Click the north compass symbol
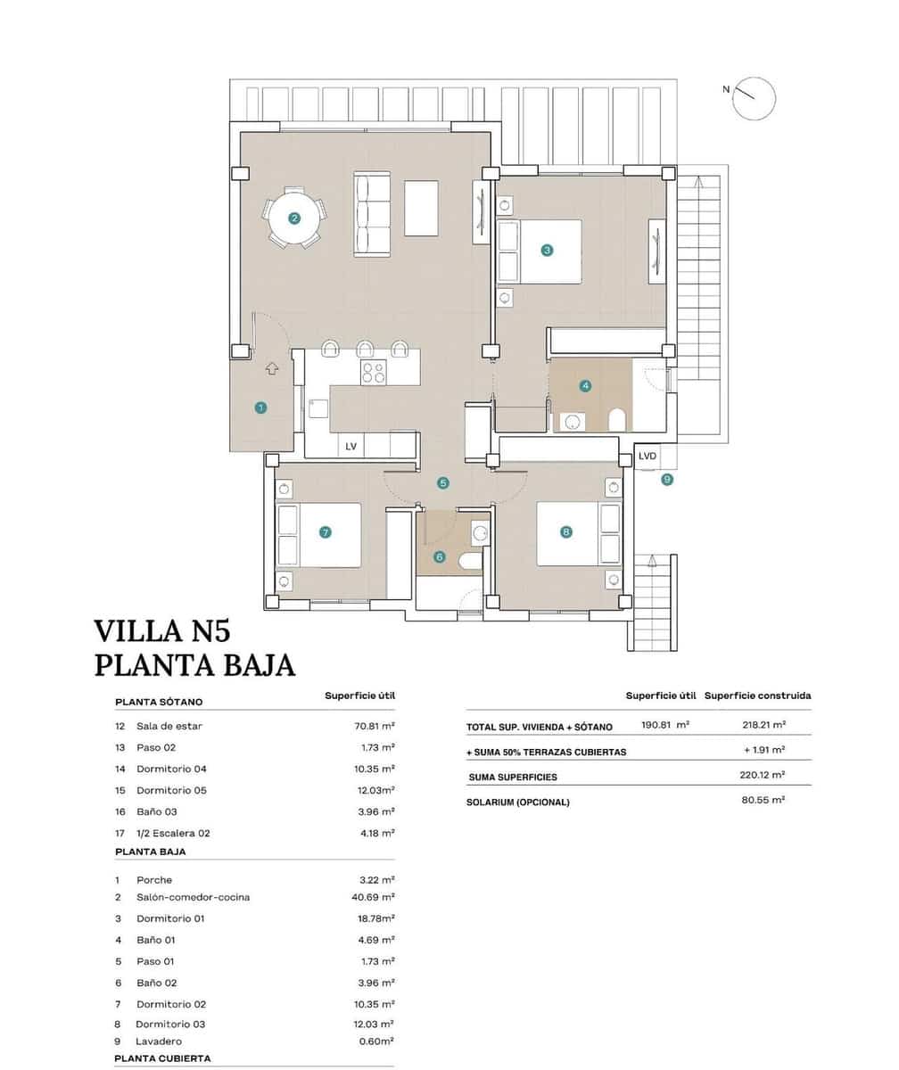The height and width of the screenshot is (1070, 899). pyautogui.click(x=754, y=97)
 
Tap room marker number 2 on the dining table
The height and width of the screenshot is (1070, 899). pyautogui.click(x=294, y=218)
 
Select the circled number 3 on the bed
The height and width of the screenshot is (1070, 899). pyautogui.click(x=547, y=251)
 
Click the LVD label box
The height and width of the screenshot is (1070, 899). pyautogui.click(x=647, y=457)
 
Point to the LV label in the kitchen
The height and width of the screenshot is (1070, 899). pyautogui.click(x=351, y=447)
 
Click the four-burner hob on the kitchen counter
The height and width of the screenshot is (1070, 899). pyautogui.click(x=374, y=372)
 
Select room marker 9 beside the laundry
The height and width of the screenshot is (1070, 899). pyautogui.click(x=667, y=479)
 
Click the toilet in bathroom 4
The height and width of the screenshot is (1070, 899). pyautogui.click(x=616, y=419)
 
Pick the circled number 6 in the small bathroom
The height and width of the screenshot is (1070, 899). pyautogui.click(x=439, y=557)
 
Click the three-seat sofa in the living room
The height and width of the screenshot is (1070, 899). pyautogui.click(x=372, y=215)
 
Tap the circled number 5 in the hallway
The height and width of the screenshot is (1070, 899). pyautogui.click(x=443, y=482)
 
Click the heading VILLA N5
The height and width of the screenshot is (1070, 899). pyautogui.click(x=162, y=631)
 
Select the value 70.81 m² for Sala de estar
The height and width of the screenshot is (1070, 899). pyautogui.click(x=375, y=726)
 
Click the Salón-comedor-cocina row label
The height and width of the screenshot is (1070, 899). pyautogui.click(x=193, y=897)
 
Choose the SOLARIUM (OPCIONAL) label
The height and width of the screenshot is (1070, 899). pyautogui.click(x=517, y=802)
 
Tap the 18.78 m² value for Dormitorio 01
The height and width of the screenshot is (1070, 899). pyautogui.click(x=375, y=918)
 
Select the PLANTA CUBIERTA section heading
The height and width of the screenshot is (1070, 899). pyautogui.click(x=162, y=1058)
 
